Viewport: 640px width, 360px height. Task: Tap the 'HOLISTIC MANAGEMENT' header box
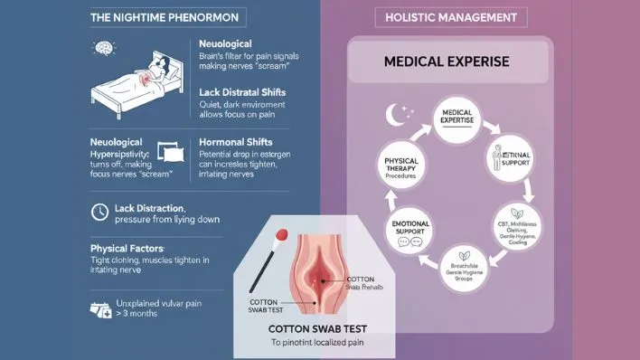click(451, 17)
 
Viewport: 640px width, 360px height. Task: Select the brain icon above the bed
click(105, 49)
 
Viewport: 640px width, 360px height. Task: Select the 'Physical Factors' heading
click(127, 247)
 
